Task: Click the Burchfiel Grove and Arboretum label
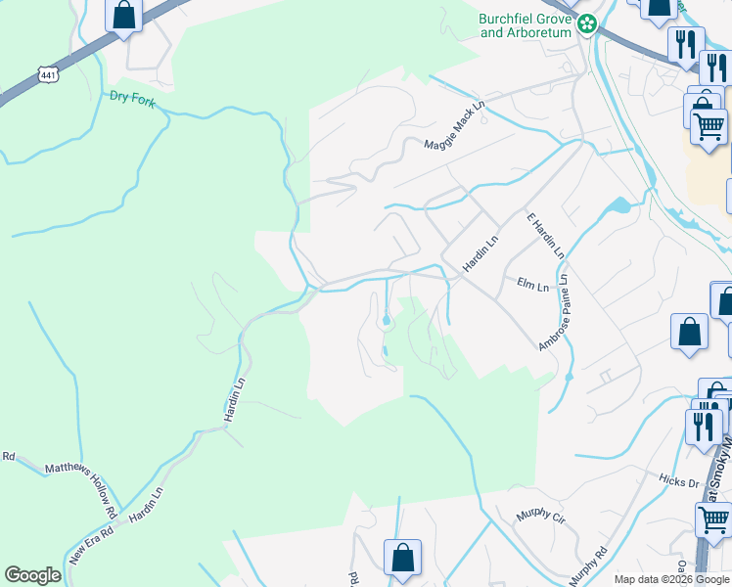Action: [x=524, y=25]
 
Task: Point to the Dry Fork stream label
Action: [x=133, y=97]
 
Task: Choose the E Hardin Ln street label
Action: [x=545, y=235]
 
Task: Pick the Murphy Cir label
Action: [x=537, y=515]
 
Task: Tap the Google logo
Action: [x=32, y=575]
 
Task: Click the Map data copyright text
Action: [x=670, y=579]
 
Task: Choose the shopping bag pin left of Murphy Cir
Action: [x=402, y=559]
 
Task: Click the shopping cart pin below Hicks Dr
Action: [x=712, y=519]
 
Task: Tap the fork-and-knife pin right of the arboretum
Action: [x=686, y=44]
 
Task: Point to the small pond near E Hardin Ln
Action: [x=618, y=205]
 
